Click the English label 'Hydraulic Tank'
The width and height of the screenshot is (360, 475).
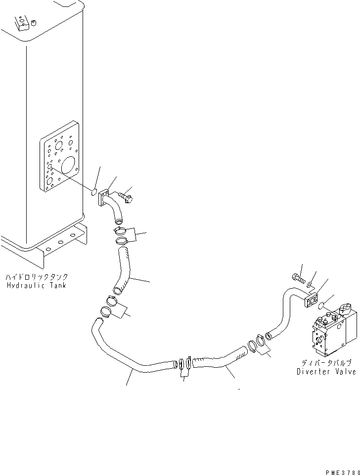[x=37, y=286]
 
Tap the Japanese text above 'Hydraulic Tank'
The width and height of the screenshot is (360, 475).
[x=37, y=277]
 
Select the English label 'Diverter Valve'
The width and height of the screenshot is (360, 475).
[x=326, y=372]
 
